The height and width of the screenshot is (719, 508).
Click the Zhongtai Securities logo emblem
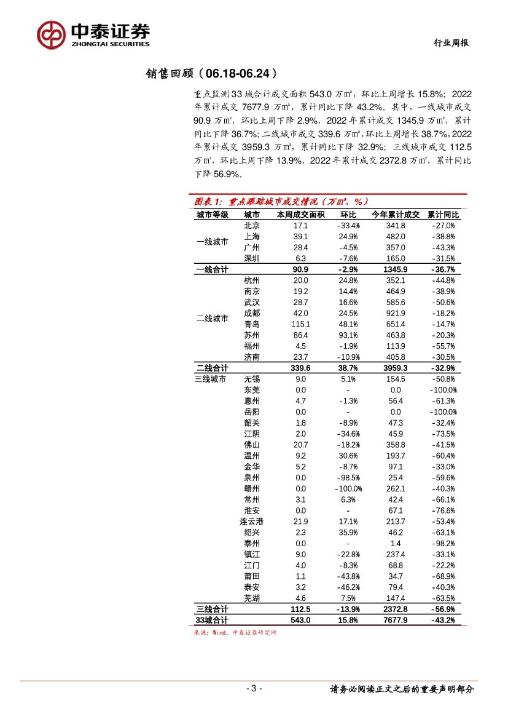(51, 34)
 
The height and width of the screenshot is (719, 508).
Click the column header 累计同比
(443, 215)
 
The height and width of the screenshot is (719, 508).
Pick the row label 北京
(251, 226)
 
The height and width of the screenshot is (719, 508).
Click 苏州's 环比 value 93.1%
(348, 335)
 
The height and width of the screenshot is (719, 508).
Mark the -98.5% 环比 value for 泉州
(348, 477)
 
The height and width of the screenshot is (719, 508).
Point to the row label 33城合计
(212, 620)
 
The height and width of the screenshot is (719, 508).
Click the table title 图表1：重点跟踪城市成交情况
(280, 201)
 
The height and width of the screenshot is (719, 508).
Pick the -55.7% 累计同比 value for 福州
(443, 346)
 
